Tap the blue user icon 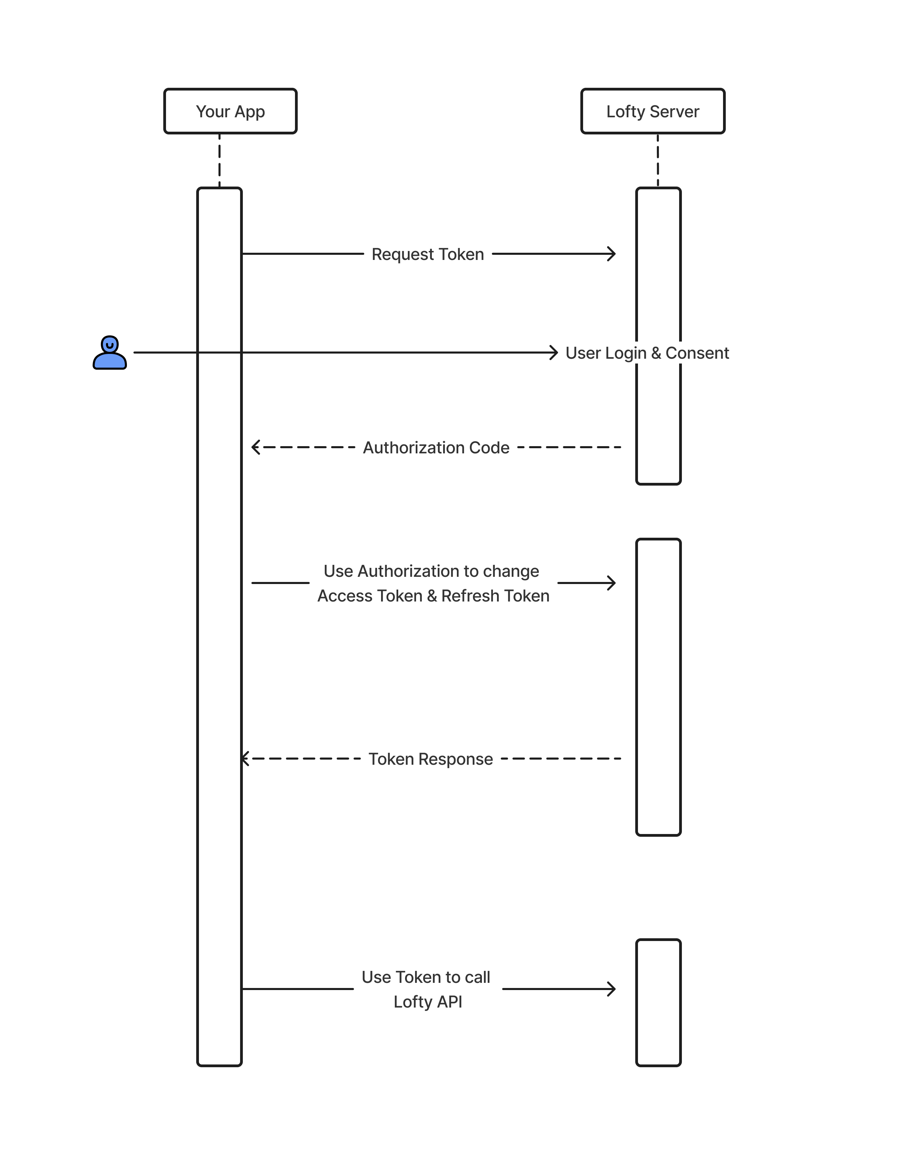point(109,353)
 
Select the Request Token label point(427,254)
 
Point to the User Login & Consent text point(647,353)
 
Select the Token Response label point(430,759)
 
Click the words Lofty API point(427,1002)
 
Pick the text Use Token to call point(426,977)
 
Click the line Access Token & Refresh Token point(433,596)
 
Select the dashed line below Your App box point(219,160)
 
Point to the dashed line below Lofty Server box point(658,160)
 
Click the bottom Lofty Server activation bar point(658,1002)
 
